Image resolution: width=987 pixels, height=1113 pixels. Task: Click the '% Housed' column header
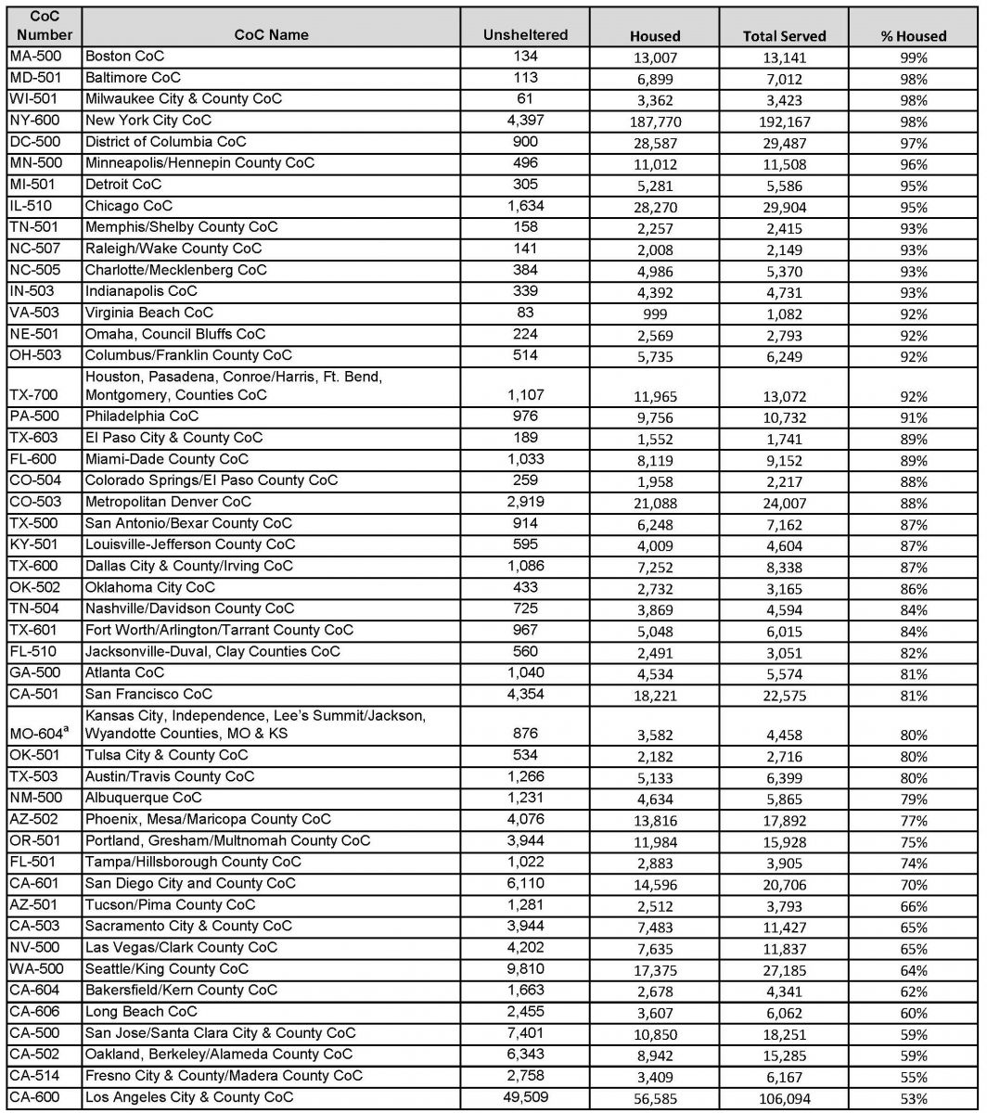coord(913,36)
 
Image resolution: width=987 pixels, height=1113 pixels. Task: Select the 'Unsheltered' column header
coord(525,35)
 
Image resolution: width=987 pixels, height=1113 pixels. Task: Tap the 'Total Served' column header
coord(784,36)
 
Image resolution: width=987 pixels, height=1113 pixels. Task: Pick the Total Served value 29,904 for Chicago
coord(784,208)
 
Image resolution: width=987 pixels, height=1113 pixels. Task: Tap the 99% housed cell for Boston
coord(913,58)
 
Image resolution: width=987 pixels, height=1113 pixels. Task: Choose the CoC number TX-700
coord(32,394)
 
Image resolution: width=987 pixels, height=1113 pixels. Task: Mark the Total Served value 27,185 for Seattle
coord(784,971)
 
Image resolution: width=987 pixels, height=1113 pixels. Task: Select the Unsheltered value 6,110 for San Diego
coord(525,883)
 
